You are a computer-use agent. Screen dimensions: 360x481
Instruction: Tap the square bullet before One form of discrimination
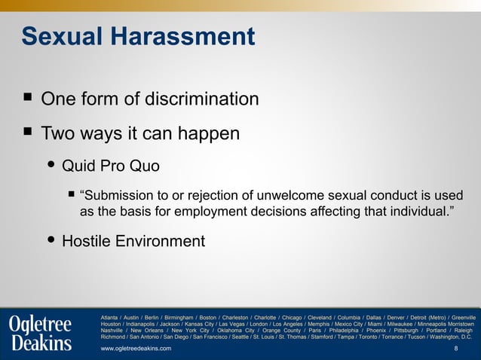coord(27,98)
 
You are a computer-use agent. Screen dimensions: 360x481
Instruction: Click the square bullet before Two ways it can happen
coord(27,133)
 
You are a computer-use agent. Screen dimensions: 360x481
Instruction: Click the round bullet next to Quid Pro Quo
coord(51,164)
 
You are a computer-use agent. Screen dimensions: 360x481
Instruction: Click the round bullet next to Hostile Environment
coord(51,240)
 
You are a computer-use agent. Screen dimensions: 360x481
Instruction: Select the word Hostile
coord(88,242)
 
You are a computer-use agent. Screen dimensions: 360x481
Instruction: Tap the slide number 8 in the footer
coord(455,349)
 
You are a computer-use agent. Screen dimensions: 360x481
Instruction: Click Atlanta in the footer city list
coord(111,317)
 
